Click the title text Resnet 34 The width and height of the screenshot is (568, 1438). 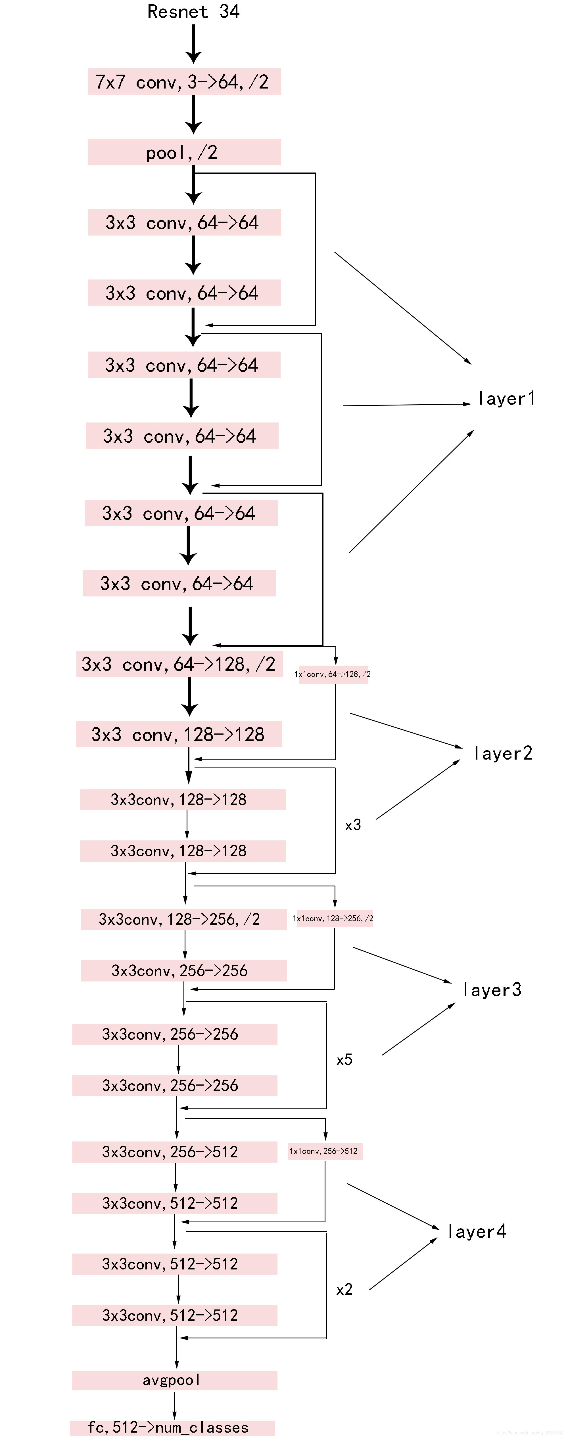coord(193,11)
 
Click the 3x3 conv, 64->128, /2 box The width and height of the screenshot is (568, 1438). coord(179,664)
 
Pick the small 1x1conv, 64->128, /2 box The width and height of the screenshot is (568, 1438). coord(333,674)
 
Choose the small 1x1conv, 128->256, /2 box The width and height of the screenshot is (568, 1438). coord(333,918)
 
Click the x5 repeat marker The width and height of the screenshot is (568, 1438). coord(344,1059)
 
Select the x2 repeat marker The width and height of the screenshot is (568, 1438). coord(344,1290)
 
